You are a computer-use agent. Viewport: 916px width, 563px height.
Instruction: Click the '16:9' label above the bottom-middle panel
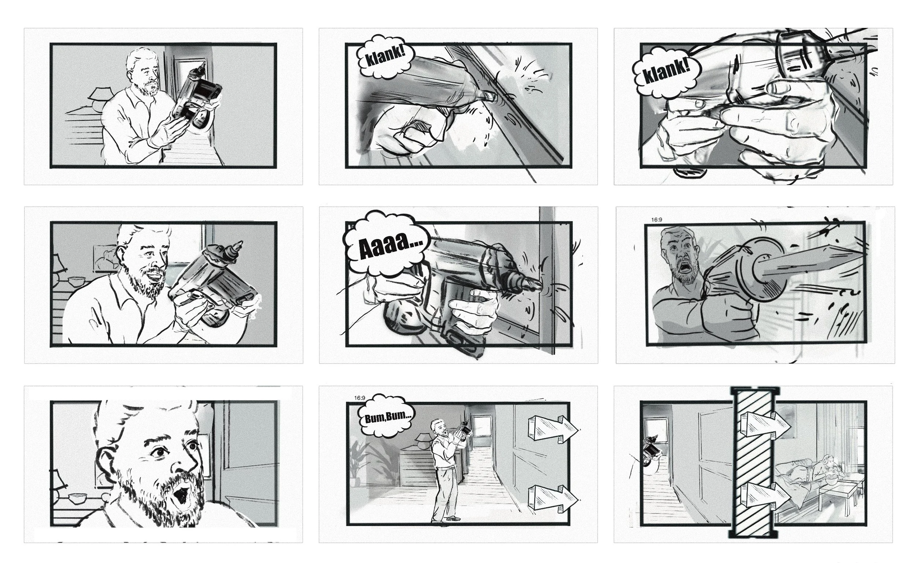pos(359,398)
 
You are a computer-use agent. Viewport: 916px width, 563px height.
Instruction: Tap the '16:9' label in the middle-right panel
pos(657,220)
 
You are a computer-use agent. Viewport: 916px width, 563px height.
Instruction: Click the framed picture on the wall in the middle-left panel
pos(105,257)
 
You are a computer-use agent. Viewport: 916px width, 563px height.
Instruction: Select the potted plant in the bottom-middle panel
pos(358,462)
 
